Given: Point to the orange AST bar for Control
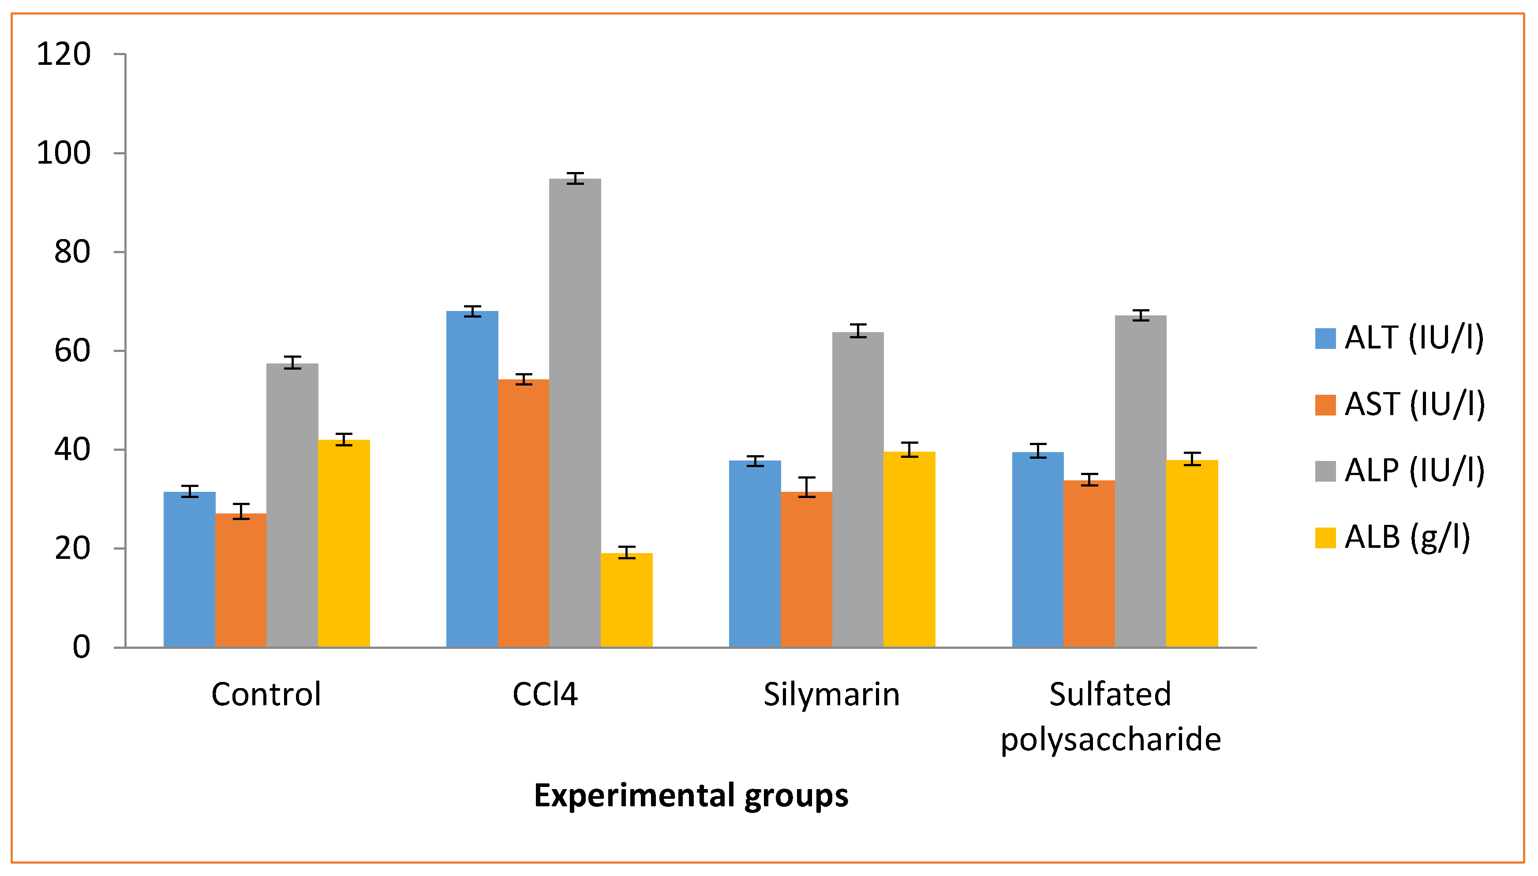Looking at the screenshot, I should point(240,580).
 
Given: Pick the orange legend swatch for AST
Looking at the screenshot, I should point(1325,405).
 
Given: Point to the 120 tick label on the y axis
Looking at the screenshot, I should point(64,54).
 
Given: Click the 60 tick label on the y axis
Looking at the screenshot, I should point(72,351).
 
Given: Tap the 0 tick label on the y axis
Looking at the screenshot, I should point(81,648).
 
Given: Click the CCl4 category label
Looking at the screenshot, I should point(545,694).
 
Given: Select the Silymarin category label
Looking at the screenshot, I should point(831,694).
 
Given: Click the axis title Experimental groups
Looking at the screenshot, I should point(691,795).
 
